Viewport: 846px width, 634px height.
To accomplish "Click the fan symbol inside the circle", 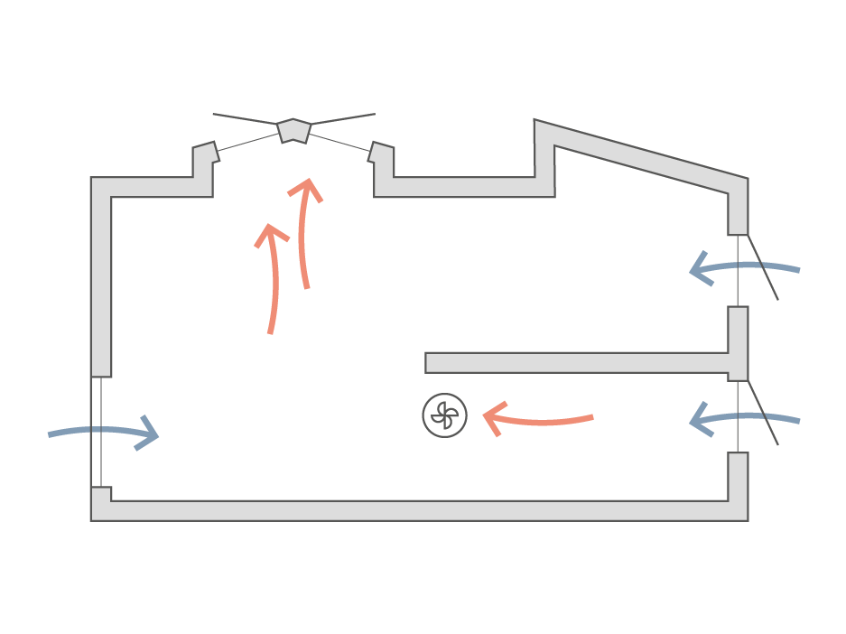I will coord(445,415).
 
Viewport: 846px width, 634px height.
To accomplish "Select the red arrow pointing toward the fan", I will coord(537,420).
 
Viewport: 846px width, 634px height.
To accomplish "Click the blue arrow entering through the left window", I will coord(104,434).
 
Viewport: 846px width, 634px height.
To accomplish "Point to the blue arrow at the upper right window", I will coord(744,267).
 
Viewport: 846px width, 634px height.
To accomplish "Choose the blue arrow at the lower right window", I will coord(744,418).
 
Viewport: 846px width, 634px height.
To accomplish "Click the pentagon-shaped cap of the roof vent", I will coord(293,130).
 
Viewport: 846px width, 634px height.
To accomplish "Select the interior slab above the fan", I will coord(578,363).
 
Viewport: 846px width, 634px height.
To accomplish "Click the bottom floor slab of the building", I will coord(420,510).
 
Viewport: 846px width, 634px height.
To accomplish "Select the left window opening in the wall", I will coord(97,432).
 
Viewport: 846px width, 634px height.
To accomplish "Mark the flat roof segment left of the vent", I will coord(153,187).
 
